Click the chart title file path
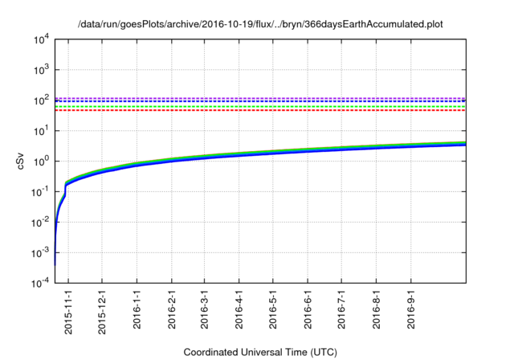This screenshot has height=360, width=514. tap(260, 25)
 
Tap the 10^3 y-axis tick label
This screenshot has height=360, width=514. tap(41, 70)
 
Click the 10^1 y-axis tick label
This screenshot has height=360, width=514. tap(41, 131)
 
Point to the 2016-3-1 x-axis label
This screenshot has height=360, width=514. tap(205, 309)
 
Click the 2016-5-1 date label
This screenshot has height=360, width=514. tap(273, 309)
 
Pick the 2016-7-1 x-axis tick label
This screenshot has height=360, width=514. tap(342, 309)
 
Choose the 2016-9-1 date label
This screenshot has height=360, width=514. tap(411, 309)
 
